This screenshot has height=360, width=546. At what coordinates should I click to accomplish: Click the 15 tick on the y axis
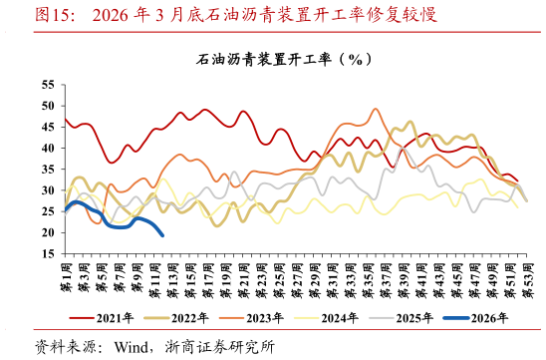[48, 254]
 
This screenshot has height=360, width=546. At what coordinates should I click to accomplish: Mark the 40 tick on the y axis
[48, 148]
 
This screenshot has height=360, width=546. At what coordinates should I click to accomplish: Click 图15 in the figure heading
[27, 15]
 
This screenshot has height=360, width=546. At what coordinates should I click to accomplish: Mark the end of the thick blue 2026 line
[162, 235]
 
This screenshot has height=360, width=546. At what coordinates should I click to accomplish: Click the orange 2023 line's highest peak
[376, 109]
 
